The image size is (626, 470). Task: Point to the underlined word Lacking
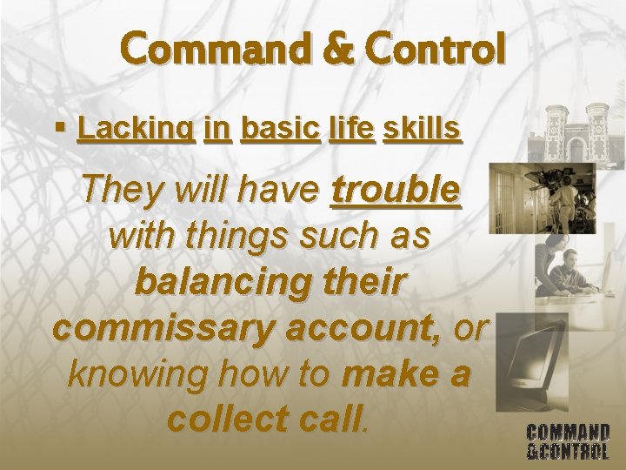[x=136, y=130]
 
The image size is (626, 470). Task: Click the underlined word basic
[x=281, y=130]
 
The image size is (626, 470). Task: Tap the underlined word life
[x=352, y=130]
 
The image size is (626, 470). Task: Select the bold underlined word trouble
[x=396, y=189]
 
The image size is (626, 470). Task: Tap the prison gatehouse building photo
[x=577, y=131]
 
